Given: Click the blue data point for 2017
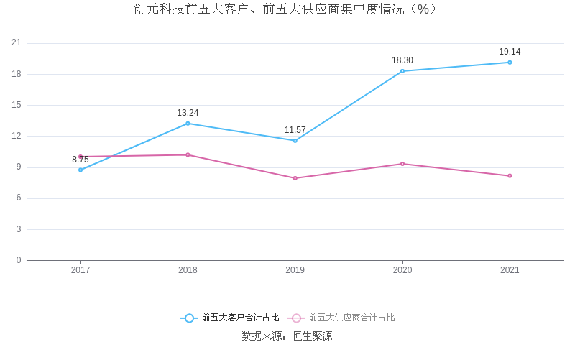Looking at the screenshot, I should point(80,170).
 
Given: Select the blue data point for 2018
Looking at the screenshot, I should point(188,124).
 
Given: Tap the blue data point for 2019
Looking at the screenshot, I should point(295,141).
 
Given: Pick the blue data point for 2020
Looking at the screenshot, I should point(402,71).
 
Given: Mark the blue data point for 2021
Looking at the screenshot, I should point(510,63).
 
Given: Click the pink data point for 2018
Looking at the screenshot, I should point(188,154).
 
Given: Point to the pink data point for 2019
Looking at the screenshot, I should point(295,178).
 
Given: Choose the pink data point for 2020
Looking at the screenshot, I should point(402,164).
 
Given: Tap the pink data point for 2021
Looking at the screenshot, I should point(510,176).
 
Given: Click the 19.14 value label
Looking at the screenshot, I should point(510,52).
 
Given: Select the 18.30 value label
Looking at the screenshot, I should point(402,60).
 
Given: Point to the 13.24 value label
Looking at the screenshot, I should point(188,113).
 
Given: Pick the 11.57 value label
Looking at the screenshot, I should point(295,130).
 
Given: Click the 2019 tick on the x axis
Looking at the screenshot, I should point(295,270).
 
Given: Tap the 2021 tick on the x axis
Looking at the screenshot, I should point(510,270).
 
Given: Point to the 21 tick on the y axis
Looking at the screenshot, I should point(17,43).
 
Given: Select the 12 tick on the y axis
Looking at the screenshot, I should point(17,136).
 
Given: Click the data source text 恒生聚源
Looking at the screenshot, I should point(311,336).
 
